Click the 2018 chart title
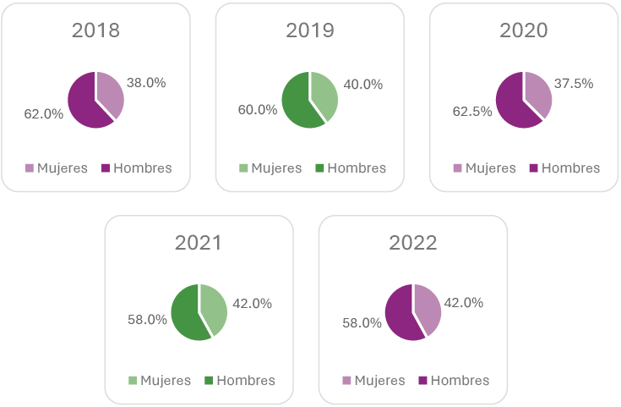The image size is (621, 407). coord(95,30)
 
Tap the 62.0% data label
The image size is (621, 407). coord(43,113)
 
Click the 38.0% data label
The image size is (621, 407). coord(146,83)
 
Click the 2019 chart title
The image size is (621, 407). coord(310,30)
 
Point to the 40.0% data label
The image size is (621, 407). coord(363,85)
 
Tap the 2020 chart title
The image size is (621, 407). coord(524,30)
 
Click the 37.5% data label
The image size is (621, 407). coord(574,84)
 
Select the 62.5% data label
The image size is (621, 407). coord(472,111)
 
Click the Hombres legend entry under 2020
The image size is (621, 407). coord(564,168)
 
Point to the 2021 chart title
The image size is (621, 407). coord(199,243)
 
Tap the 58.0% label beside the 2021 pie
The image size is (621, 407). coord(147,320)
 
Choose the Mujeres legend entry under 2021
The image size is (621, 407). coord(160,381)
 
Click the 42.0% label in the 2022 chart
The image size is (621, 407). coord(463,303)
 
